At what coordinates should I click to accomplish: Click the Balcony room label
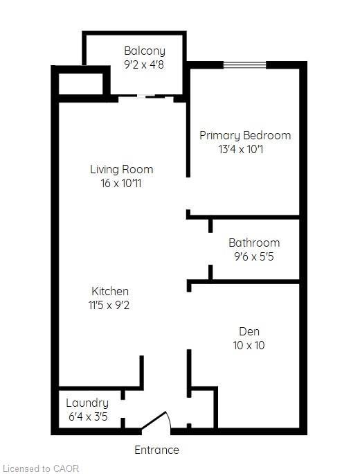(x=145, y=51)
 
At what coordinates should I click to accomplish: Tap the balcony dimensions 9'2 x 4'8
(x=145, y=65)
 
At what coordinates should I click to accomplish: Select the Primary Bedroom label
(x=245, y=135)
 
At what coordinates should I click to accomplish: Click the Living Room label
(x=121, y=169)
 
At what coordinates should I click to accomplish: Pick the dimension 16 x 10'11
(x=121, y=184)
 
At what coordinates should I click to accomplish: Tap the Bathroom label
(x=254, y=243)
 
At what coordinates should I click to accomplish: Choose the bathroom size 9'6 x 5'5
(x=254, y=257)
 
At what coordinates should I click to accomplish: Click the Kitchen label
(x=110, y=291)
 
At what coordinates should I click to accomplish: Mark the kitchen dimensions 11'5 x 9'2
(x=110, y=306)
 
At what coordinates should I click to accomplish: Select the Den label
(x=249, y=331)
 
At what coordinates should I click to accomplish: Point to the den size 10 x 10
(x=249, y=345)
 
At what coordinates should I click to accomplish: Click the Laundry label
(x=87, y=403)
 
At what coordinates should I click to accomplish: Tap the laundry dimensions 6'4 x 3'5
(x=87, y=417)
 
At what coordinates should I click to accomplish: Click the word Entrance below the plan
(x=156, y=450)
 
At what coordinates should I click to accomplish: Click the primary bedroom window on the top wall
(x=244, y=65)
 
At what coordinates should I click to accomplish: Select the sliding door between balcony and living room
(x=145, y=98)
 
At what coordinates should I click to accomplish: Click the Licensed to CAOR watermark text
(x=41, y=468)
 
